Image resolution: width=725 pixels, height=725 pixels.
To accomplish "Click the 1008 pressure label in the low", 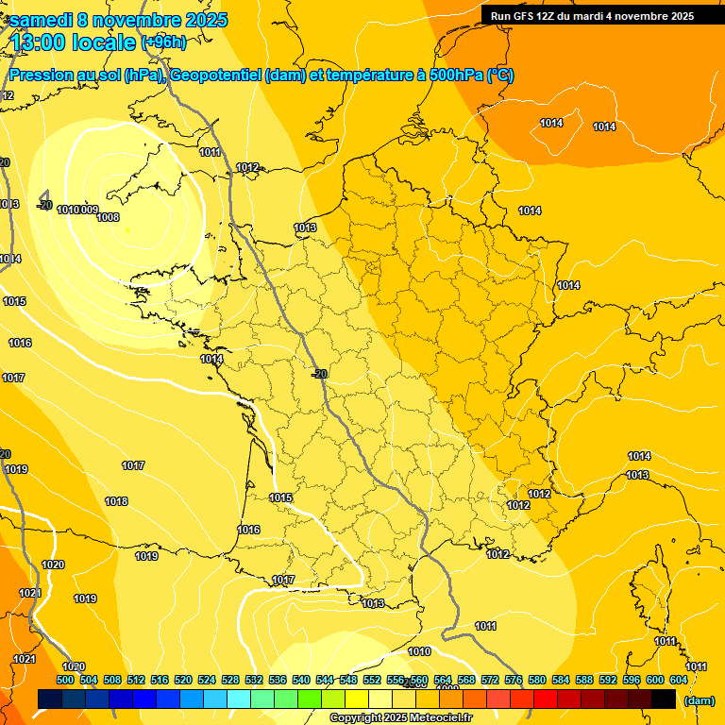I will [x=108, y=217].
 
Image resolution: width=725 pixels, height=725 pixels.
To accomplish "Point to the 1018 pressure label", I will [x=116, y=501].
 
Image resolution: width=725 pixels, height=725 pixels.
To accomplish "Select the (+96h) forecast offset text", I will [x=163, y=42].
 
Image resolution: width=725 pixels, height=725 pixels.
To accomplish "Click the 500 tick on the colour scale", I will [x=65, y=680].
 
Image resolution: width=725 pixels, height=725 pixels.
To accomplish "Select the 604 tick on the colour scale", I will [x=679, y=680].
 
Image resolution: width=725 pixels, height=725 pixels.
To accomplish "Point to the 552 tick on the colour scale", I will [x=372, y=680].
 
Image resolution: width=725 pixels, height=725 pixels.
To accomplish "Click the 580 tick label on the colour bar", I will [x=537, y=680].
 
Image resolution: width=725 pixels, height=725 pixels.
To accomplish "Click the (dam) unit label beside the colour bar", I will [x=699, y=700].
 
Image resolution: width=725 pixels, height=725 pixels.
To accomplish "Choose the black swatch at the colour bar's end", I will [x=664, y=699].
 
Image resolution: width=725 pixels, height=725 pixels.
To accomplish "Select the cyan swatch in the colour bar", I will [x=239, y=699].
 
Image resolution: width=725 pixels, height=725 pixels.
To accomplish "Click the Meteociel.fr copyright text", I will [x=400, y=718].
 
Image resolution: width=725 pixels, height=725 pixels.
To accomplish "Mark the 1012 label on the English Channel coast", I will [x=247, y=167].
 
